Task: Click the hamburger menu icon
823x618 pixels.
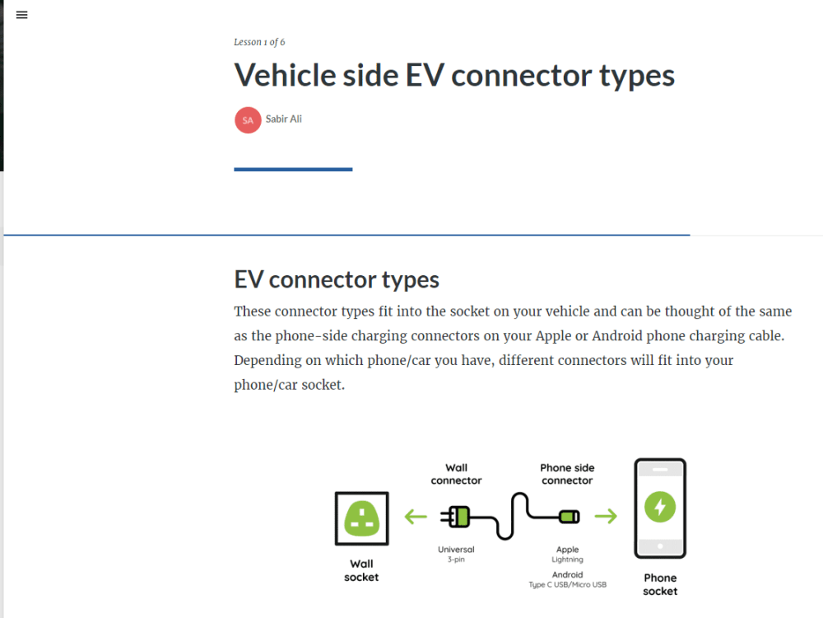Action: (x=21, y=15)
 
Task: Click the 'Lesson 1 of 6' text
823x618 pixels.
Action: (x=259, y=42)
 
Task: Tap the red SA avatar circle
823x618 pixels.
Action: (x=248, y=120)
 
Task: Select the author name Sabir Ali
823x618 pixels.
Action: (x=283, y=119)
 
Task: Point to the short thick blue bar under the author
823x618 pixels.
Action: (x=293, y=169)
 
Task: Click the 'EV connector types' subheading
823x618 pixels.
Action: (x=337, y=279)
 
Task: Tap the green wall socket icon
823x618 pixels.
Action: (x=361, y=518)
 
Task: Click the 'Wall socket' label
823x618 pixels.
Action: (x=361, y=570)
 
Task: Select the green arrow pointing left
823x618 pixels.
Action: (x=416, y=517)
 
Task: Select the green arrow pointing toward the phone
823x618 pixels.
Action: (x=606, y=516)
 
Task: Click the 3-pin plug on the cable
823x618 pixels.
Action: (x=456, y=517)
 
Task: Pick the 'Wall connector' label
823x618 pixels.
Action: (x=456, y=474)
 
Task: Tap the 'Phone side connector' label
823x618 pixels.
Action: (x=567, y=474)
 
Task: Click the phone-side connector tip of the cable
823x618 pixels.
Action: (x=569, y=517)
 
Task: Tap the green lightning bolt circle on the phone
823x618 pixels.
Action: (x=660, y=507)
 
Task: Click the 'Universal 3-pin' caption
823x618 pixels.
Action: (x=456, y=554)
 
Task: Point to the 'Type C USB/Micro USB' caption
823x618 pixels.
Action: (x=567, y=584)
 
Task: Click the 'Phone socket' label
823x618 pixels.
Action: (x=660, y=584)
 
